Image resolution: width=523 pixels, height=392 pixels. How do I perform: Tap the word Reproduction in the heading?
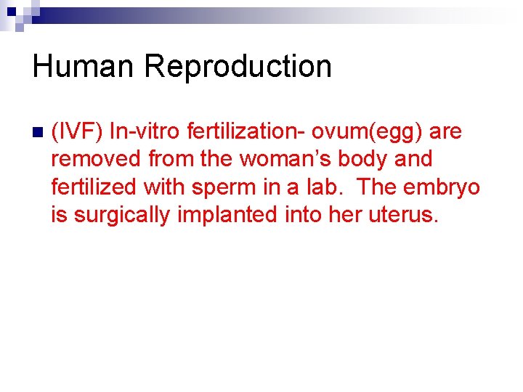point(238,67)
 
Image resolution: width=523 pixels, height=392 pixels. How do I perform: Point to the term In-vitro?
point(145,132)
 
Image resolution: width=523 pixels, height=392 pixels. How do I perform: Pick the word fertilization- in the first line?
point(247,132)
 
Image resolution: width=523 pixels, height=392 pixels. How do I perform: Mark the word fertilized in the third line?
point(94,187)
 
